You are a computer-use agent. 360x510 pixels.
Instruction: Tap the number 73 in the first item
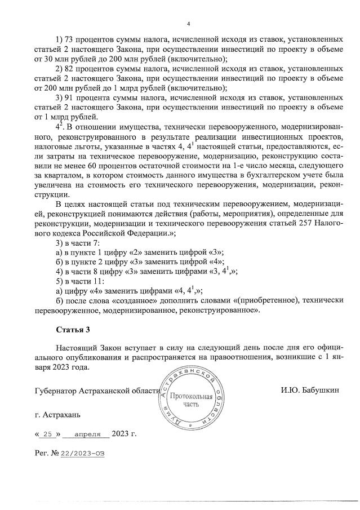72,40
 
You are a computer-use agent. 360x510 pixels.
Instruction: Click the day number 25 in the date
47,433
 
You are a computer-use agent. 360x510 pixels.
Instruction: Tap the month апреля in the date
86,433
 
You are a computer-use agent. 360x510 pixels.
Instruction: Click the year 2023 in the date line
120,433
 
